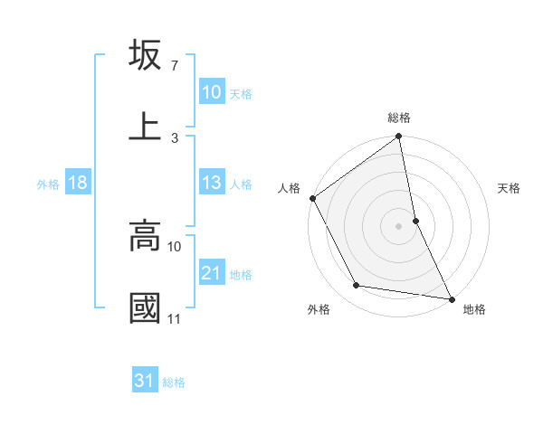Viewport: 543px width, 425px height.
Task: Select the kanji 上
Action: [x=145, y=126]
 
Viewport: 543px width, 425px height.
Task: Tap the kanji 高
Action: [x=145, y=237]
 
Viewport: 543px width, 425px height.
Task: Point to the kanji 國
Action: [x=145, y=307]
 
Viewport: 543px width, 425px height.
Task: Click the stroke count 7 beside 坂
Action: [x=174, y=66]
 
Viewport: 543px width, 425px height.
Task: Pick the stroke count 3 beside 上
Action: [x=174, y=137]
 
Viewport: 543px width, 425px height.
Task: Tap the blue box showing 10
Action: [x=212, y=92]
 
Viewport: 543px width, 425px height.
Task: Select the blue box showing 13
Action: [x=212, y=183]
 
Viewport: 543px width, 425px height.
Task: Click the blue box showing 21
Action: [x=212, y=273]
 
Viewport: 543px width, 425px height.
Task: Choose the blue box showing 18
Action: [x=78, y=184]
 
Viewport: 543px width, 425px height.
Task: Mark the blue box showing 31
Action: [x=145, y=382]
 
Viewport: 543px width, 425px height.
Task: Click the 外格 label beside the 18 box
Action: [x=48, y=184]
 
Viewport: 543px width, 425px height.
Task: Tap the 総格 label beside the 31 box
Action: [x=174, y=382]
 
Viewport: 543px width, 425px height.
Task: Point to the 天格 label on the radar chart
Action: [x=510, y=188]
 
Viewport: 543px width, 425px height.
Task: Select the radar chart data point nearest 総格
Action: [x=398, y=137]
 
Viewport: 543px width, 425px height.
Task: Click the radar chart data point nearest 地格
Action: [x=451, y=297]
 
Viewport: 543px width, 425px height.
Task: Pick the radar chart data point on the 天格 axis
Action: [x=415, y=220]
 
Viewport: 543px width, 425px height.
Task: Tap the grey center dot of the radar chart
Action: [x=398, y=225]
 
